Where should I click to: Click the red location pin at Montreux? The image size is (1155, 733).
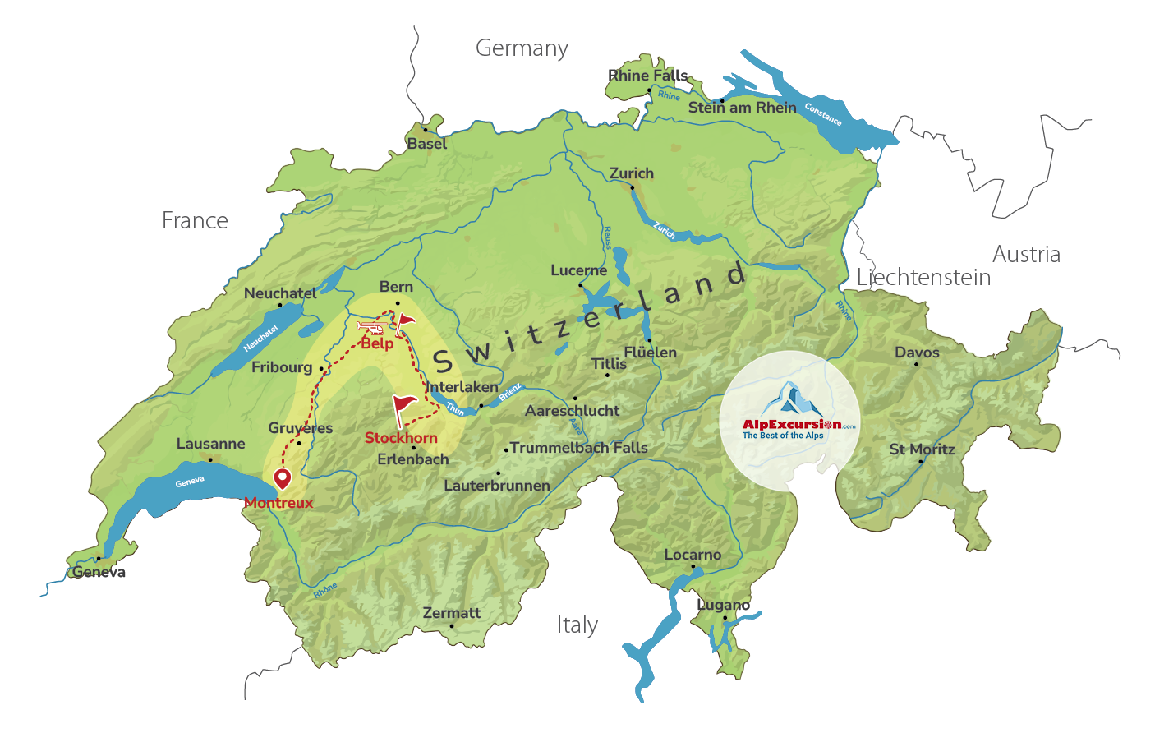[283, 478]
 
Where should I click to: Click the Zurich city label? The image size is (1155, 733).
[631, 173]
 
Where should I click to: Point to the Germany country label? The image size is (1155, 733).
[522, 48]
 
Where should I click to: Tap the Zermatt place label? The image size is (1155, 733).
[451, 613]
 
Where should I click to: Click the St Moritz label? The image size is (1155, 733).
[922, 449]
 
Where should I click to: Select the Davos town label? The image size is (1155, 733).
[917, 353]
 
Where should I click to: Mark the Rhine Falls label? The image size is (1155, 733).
[647, 76]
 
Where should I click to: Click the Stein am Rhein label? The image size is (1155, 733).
[742, 108]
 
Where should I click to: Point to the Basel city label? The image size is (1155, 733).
[427, 144]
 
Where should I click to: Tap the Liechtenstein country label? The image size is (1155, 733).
[923, 278]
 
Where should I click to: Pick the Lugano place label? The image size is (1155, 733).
[723, 605]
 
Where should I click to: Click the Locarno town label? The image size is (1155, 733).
[693, 555]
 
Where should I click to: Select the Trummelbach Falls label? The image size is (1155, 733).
[578, 448]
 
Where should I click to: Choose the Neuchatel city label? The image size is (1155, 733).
[280, 293]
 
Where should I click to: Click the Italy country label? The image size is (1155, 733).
[577, 625]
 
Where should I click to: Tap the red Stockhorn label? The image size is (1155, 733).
[401, 438]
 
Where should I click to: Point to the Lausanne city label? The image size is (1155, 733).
[210, 444]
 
